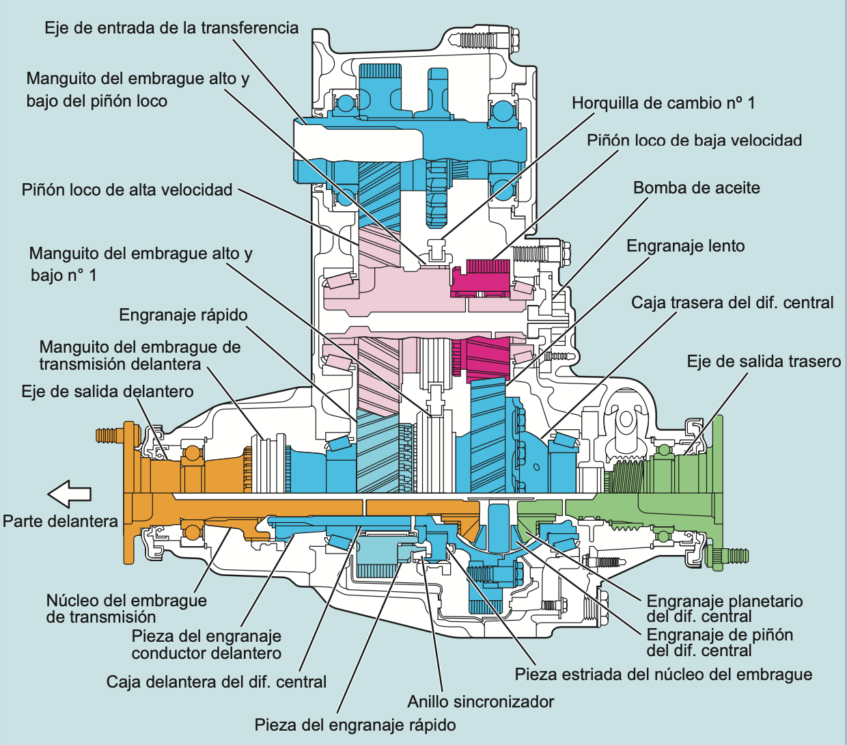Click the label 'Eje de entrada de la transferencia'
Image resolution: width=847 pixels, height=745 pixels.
click(171, 28)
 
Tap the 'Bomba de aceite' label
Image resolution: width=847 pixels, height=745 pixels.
click(696, 188)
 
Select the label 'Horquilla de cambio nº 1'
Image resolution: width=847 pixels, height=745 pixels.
click(663, 103)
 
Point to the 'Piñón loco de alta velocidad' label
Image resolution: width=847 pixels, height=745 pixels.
click(127, 190)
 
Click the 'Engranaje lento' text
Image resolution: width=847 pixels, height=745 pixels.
click(685, 246)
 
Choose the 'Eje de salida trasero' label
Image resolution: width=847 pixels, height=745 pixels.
click(764, 362)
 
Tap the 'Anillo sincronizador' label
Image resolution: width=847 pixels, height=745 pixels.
click(480, 702)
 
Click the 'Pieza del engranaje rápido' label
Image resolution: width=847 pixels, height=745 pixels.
click(355, 725)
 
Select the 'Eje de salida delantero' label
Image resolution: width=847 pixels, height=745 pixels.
click(107, 392)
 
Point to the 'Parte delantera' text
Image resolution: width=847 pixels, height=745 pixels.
click(60, 521)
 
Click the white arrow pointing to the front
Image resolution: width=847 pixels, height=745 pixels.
click(69, 493)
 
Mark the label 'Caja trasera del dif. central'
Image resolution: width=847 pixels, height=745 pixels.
click(732, 303)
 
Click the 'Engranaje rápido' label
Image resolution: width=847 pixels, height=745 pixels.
click(183, 315)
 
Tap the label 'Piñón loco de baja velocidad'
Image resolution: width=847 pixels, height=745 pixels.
click(694, 141)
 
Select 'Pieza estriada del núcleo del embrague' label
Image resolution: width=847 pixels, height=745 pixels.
click(663, 675)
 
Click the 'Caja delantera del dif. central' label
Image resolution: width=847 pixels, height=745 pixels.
click(217, 682)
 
